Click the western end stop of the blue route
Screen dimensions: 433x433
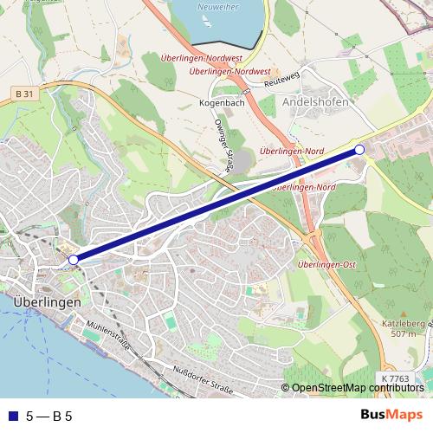[x=74, y=259]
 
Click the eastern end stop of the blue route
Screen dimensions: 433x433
[x=359, y=150]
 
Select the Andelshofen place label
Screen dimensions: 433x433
[x=315, y=102]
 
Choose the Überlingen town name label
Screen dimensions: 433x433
[x=48, y=302]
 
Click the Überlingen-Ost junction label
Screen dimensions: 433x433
[x=326, y=264]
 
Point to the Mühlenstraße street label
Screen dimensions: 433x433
[x=108, y=333]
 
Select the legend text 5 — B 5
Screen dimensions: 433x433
[x=49, y=416]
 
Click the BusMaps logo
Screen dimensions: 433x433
[x=391, y=415]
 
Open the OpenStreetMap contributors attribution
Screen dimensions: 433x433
[x=356, y=388]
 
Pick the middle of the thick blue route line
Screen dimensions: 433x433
[x=216, y=204]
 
